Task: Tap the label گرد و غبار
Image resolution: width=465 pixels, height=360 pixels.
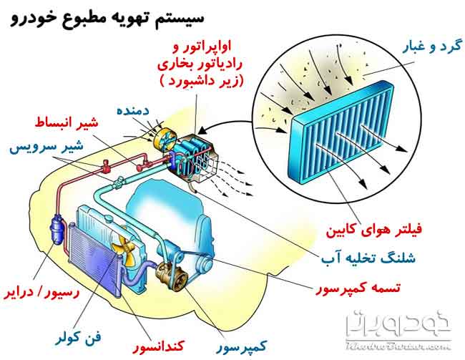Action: [432, 47]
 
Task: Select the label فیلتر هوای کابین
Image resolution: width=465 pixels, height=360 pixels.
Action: [373, 230]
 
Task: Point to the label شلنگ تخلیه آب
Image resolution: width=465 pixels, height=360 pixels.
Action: [368, 258]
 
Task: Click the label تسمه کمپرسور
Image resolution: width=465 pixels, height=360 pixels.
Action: [358, 288]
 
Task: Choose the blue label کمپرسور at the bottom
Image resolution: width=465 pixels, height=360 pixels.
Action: [242, 346]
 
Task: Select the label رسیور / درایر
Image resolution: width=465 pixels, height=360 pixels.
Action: [41, 292]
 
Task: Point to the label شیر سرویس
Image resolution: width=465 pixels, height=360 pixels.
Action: [46, 147]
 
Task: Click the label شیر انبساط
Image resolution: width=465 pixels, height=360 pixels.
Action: [67, 122]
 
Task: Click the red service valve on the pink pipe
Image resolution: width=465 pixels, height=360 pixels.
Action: [106, 166]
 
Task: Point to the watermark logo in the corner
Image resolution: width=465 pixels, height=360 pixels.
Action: [398, 330]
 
